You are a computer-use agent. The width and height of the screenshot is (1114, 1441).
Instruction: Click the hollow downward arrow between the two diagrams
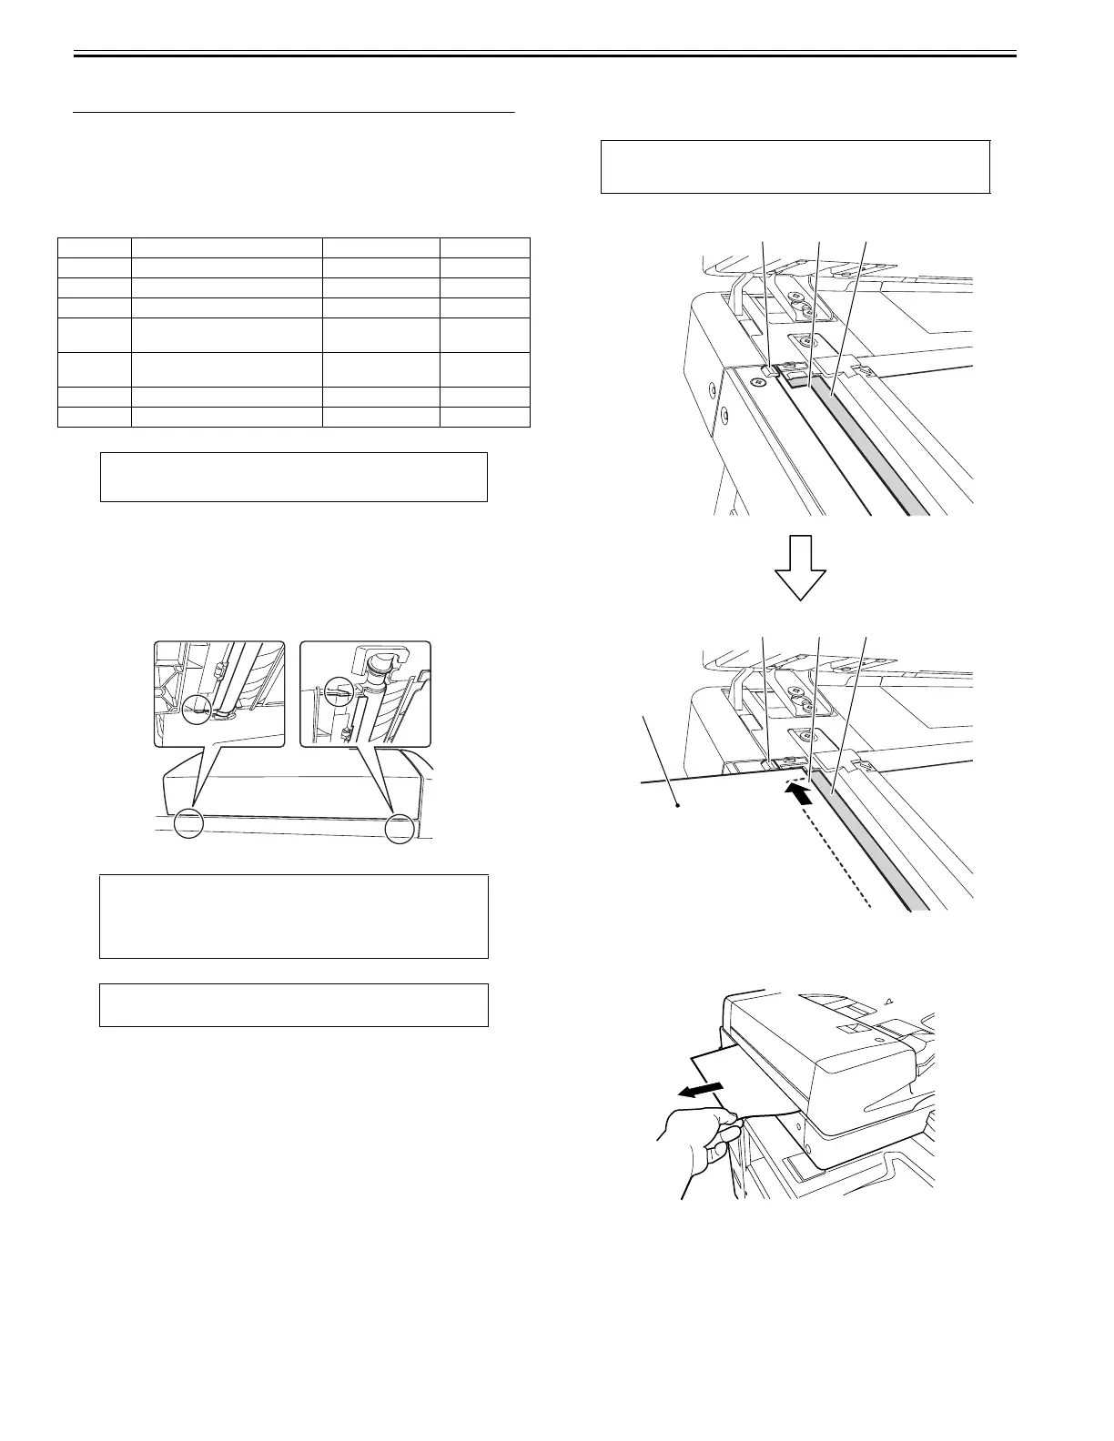[x=800, y=566]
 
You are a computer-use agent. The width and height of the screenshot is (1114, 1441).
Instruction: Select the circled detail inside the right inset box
[x=339, y=690]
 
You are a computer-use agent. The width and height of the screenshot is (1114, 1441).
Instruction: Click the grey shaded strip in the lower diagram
[x=874, y=841]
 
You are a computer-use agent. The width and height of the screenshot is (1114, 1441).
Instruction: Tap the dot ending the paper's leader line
[x=678, y=804]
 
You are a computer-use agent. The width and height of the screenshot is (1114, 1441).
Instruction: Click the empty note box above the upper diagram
[x=795, y=166]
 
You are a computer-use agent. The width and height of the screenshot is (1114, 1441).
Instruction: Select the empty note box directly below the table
[x=293, y=477]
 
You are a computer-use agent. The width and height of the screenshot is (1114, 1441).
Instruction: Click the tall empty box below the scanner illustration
[x=293, y=916]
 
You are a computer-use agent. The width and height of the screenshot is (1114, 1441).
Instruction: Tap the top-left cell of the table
[x=95, y=247]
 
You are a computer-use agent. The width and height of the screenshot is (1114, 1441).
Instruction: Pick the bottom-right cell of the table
[x=484, y=418]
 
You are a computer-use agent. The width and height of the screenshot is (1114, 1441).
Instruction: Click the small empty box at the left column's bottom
[x=293, y=1004]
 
